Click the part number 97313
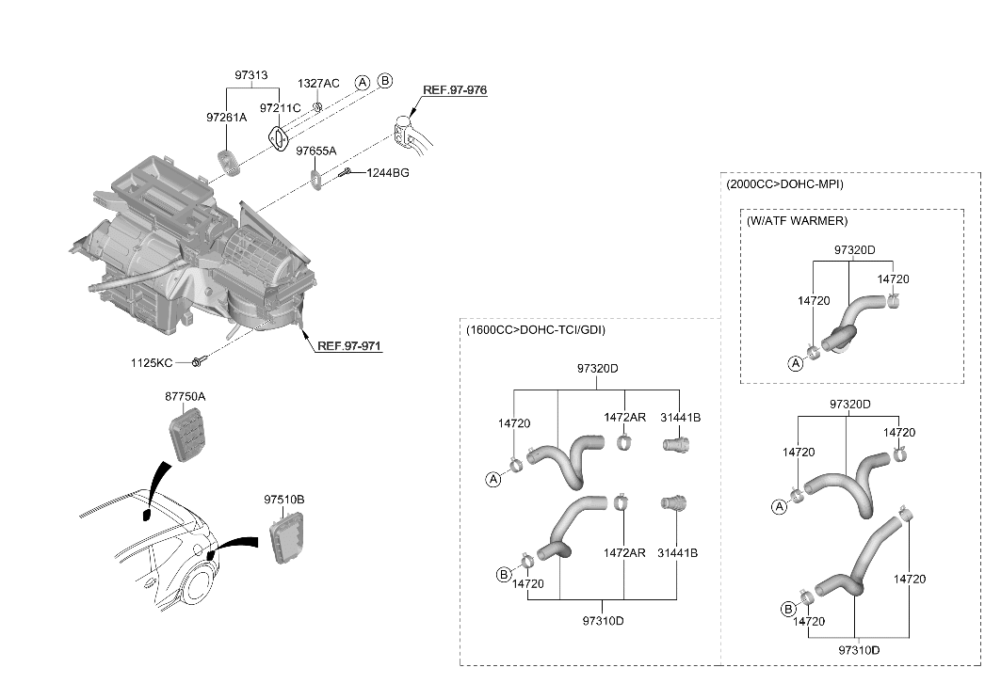pos(250,74)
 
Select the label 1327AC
pos(318,84)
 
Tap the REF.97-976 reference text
pos(455,90)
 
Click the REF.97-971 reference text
pos(349,346)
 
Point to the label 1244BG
pos(388,173)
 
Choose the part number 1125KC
pos(152,363)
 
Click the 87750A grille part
pos(187,435)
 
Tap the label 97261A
pos(226,118)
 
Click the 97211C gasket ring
pos(279,139)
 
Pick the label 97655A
pos(316,151)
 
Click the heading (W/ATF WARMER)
pos(798,221)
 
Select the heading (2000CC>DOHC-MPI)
pos(784,184)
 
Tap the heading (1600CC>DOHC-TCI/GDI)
pos(536,330)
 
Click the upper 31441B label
pos(681,418)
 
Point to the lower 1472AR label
pos(624,553)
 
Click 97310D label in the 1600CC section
pos(604,621)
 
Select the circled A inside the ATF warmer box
pos(796,364)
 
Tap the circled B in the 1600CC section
pos(504,575)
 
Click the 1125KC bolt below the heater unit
pos(197,362)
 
